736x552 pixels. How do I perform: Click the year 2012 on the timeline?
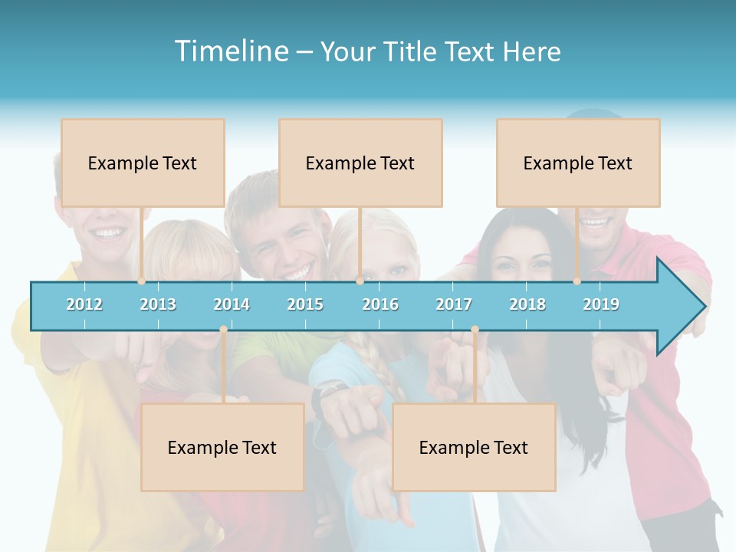click(x=84, y=304)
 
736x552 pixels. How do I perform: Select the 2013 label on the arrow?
click(x=158, y=304)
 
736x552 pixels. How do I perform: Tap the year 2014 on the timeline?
click(x=232, y=304)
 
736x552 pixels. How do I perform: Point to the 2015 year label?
click(x=305, y=304)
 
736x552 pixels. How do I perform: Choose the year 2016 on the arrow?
click(x=380, y=304)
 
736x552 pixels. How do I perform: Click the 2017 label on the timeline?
click(x=454, y=304)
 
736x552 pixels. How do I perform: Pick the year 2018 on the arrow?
click(x=527, y=304)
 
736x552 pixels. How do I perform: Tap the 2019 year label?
click(x=601, y=304)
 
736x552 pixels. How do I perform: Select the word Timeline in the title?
click(x=231, y=51)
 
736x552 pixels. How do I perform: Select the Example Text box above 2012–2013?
click(x=143, y=163)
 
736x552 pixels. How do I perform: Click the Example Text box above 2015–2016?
click(x=360, y=163)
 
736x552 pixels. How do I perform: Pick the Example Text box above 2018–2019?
click(x=578, y=163)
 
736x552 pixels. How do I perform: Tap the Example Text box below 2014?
click(x=222, y=447)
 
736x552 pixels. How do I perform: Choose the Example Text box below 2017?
click(x=474, y=447)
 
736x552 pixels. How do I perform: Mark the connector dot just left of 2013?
click(x=141, y=281)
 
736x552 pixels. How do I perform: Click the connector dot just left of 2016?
click(x=360, y=281)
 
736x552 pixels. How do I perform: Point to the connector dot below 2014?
click(x=223, y=330)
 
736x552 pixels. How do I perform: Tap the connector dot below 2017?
click(x=475, y=330)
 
